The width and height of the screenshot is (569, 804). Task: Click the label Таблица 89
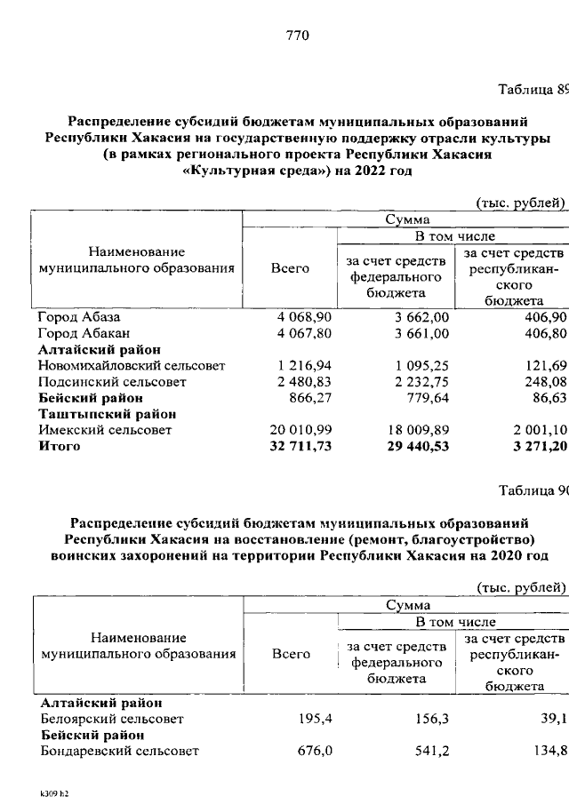point(531,90)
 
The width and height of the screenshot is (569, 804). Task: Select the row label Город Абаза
point(78,317)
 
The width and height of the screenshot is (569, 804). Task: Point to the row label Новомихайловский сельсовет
point(132,365)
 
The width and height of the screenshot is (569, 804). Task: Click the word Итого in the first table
point(59,446)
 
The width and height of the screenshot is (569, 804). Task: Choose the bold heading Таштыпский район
point(107,414)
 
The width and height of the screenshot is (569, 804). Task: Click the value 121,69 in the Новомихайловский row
point(545,365)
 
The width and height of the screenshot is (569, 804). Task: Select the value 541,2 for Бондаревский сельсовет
point(430,751)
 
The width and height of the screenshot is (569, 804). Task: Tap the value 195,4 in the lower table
point(316,718)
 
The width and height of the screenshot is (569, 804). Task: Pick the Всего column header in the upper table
point(291,268)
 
